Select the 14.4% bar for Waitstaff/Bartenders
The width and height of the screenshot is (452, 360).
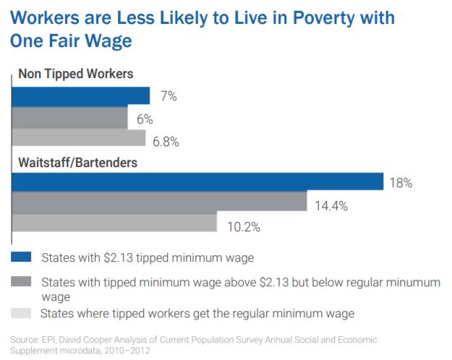[x=158, y=203]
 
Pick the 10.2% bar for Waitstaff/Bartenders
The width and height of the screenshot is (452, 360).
[x=114, y=223]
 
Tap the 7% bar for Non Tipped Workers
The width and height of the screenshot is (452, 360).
[x=80, y=96]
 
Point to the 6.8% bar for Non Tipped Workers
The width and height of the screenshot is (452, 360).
[x=78, y=137]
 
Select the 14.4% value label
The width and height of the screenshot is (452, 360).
[x=331, y=205]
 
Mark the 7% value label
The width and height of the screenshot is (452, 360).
[x=168, y=96]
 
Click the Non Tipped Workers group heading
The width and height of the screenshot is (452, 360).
[x=74, y=74]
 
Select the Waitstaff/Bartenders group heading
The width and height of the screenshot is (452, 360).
[x=77, y=161]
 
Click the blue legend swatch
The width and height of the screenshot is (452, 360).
[x=21, y=257]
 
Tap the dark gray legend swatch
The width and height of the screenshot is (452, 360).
[x=21, y=281]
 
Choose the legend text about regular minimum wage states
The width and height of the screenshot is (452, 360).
[x=196, y=313]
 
